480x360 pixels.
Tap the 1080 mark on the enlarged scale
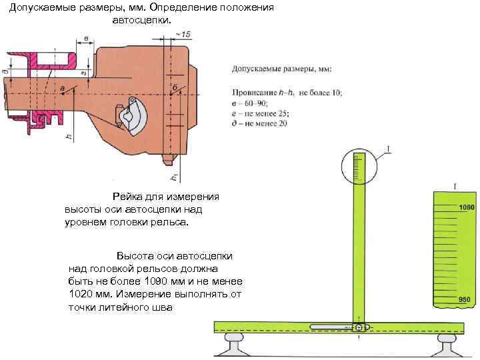tap(466, 208)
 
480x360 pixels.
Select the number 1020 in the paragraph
tap(83, 294)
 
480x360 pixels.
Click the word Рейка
tap(127, 197)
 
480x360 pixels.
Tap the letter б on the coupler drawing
tap(175, 87)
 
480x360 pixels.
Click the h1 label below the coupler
tap(173, 177)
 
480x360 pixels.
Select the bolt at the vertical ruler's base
tap(359, 327)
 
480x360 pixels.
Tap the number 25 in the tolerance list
tap(286, 114)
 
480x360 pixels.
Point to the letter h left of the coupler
tap(67, 136)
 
